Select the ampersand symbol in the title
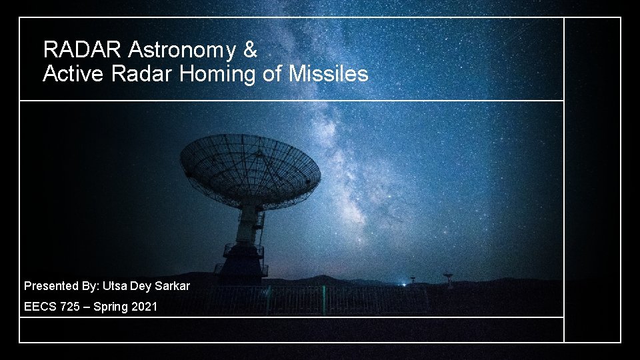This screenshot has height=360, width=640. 250,49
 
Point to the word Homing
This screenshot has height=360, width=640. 218,74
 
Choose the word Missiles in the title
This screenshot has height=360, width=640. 328,74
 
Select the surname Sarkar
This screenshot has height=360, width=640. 172,286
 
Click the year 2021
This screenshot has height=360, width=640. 145,307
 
